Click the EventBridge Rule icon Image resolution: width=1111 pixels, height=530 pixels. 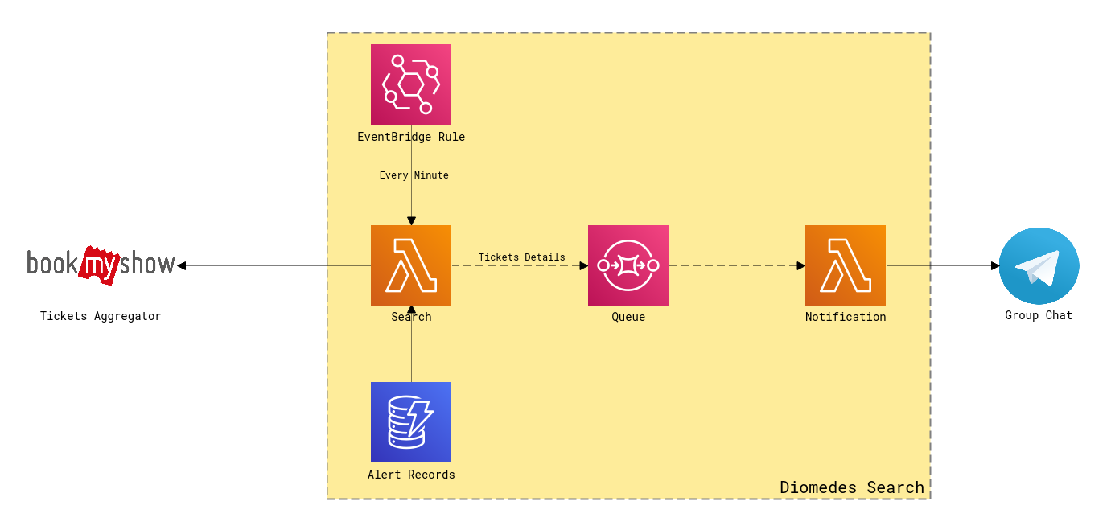pyautogui.click(x=411, y=84)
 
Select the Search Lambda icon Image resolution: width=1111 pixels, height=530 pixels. pyautogui.click(x=411, y=265)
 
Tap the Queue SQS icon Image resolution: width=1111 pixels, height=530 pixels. pyautogui.click(x=628, y=265)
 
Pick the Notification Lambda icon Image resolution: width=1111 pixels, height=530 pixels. pyautogui.click(x=846, y=265)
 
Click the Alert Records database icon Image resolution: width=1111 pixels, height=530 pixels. pyautogui.click(x=411, y=422)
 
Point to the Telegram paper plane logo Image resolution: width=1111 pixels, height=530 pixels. pyautogui.click(x=1039, y=265)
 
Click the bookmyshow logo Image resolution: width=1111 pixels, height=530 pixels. pyautogui.click(x=101, y=264)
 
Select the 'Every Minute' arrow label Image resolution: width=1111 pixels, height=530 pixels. pyautogui.click(x=414, y=175)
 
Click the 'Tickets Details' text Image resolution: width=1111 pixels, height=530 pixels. pyautogui.click(x=521, y=257)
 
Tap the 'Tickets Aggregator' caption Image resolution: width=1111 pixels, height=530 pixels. pyautogui.click(x=101, y=316)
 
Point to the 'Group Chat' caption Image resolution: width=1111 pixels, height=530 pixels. pyautogui.click(x=1039, y=315)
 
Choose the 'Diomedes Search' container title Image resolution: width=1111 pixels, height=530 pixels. pyautogui.click(x=852, y=487)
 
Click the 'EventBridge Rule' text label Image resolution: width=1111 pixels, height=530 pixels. pyautogui.click(x=411, y=137)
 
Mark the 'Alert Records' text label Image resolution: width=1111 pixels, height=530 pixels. pyautogui.click(x=411, y=475)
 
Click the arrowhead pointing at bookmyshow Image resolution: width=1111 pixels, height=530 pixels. pyautogui.click(x=182, y=265)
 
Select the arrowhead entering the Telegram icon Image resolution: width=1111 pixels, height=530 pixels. pyautogui.click(x=994, y=265)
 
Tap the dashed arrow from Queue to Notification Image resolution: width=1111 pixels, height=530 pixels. pyautogui.click(x=736, y=265)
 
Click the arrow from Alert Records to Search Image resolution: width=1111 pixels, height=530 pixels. pyautogui.click(x=411, y=346)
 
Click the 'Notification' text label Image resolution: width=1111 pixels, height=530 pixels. pyautogui.click(x=846, y=317)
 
